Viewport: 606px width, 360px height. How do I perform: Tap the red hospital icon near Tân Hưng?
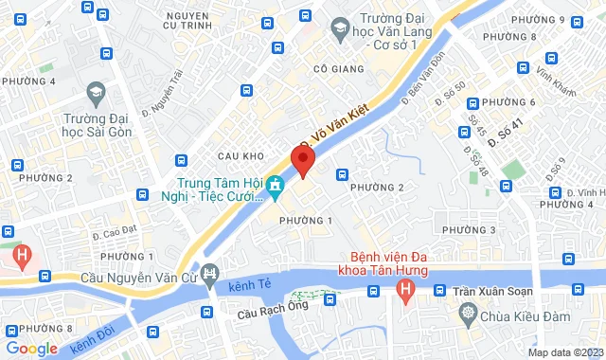405,288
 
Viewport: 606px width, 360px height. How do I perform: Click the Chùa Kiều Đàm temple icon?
467,313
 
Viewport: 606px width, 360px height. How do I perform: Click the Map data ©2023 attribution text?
565,352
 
